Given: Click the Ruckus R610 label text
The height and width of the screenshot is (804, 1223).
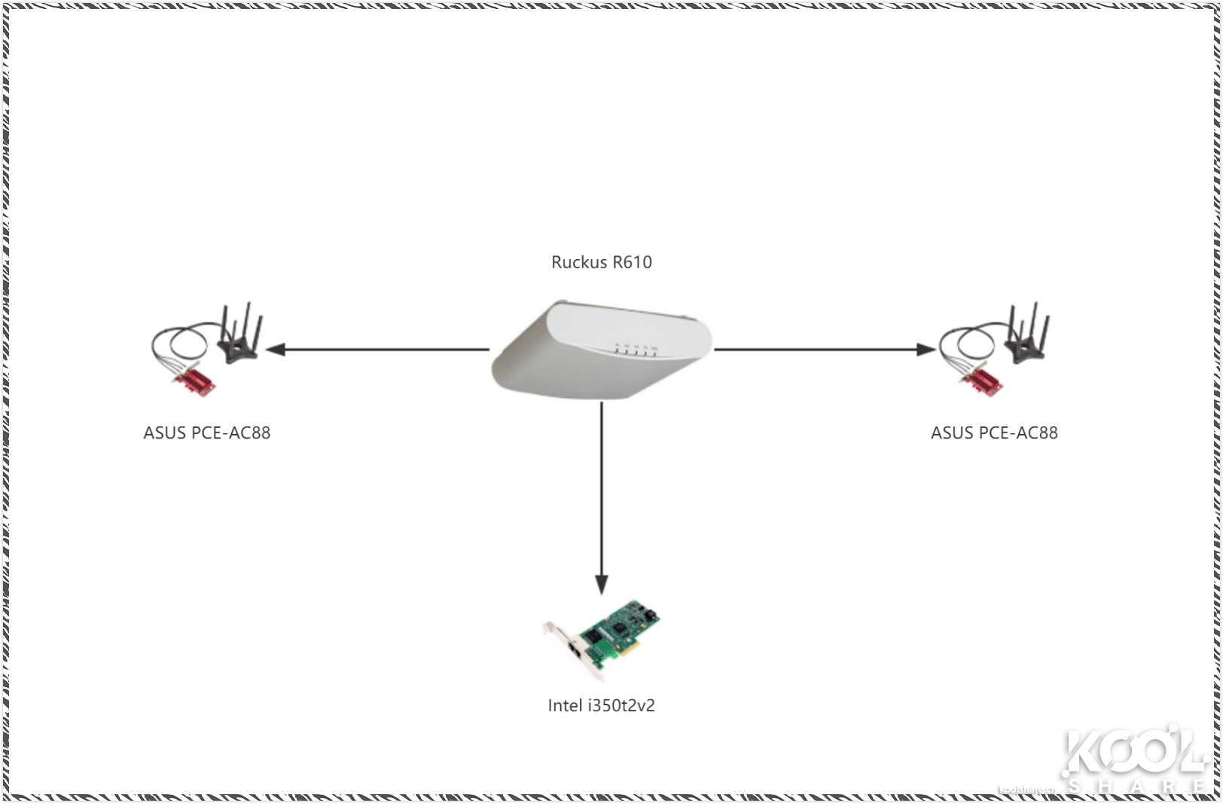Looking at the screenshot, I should click(x=601, y=262).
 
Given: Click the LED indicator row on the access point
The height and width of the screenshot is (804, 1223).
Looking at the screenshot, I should click(x=636, y=350).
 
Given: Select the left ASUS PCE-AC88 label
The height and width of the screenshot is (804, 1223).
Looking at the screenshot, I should click(x=206, y=433).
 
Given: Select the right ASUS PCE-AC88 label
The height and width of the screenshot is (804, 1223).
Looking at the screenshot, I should click(x=994, y=433).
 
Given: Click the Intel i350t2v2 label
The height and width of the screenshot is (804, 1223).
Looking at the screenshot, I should click(x=601, y=706).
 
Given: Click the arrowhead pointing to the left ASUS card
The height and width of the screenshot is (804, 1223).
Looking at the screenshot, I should click(x=276, y=350).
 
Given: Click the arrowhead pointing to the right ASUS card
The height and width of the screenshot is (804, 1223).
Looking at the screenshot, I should click(x=926, y=350).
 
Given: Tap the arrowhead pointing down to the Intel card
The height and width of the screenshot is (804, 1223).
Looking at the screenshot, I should click(x=601, y=585).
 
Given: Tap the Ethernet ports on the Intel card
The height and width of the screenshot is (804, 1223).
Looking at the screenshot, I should click(x=576, y=650).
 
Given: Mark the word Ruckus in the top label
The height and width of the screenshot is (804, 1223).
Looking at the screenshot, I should click(x=578, y=262).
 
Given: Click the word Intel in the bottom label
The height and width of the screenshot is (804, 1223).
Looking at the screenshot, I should click(x=565, y=706).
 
